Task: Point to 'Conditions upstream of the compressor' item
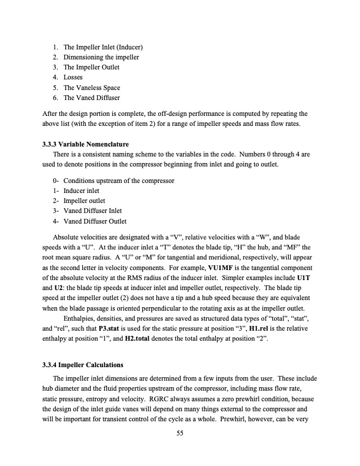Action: pos(119,181)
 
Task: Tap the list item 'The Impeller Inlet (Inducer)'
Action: pos(104,47)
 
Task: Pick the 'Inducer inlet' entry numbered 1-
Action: pos(81,191)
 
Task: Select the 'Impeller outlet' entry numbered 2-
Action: pos(84,201)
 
